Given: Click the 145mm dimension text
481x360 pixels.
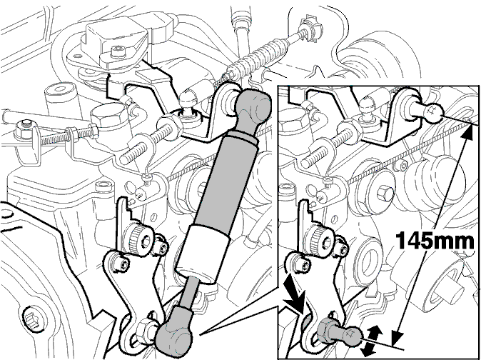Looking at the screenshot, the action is (435, 240).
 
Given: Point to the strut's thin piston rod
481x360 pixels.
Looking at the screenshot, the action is (189, 292).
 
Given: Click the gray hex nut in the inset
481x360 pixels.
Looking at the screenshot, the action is (325, 331).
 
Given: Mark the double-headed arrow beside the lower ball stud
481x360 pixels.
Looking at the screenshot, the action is (371, 340).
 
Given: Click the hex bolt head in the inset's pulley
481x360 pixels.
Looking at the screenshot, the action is (385, 193).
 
